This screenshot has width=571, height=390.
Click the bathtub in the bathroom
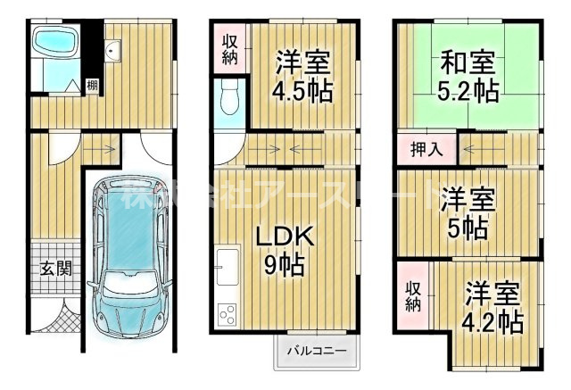pos(55,44)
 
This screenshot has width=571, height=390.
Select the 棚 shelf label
pos(93,86)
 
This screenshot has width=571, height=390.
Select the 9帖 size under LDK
pos(283,265)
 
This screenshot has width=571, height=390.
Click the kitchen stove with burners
pos(227,314)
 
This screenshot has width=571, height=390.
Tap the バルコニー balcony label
pos(316,349)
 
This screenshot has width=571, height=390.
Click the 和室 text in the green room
pos(468,63)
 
